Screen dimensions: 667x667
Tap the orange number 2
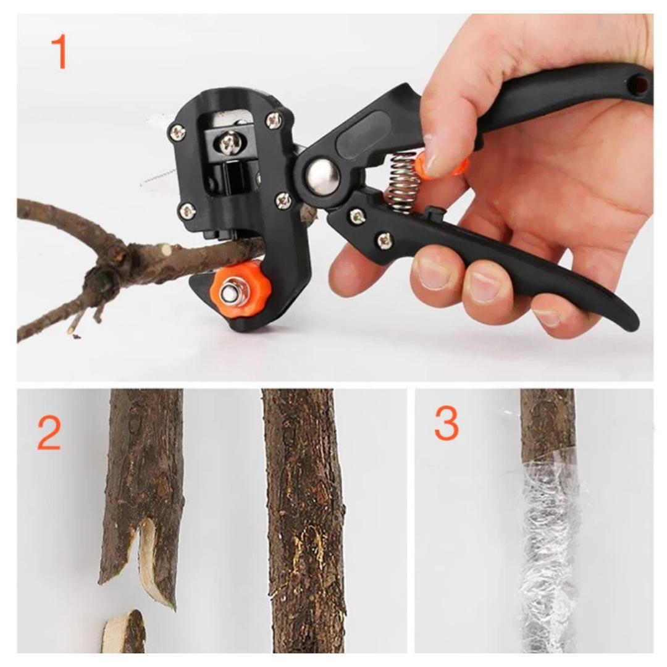(x=49, y=434)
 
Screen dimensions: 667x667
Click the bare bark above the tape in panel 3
(x=547, y=423)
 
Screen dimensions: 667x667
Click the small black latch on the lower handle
(x=433, y=216)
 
